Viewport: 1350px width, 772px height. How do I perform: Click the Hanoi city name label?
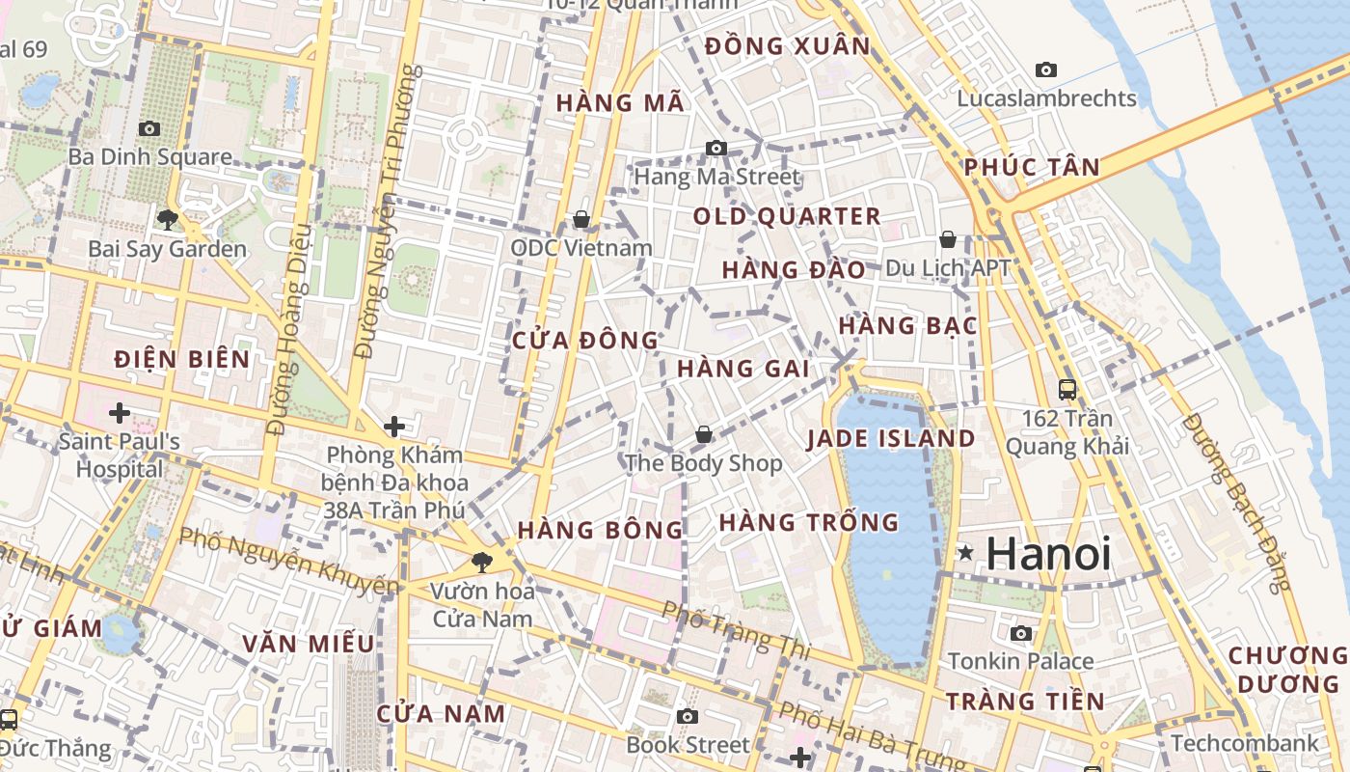[x=1048, y=554]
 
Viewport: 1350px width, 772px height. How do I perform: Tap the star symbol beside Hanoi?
[x=965, y=553]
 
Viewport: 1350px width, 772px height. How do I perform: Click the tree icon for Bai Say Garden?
[x=167, y=219]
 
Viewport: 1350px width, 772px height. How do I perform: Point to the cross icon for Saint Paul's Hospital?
[x=120, y=413]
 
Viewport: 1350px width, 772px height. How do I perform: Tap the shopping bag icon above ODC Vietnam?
[x=581, y=219]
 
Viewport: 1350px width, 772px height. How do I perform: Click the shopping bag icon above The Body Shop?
[x=704, y=434]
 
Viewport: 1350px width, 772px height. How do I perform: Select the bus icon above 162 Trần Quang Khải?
[x=1067, y=390]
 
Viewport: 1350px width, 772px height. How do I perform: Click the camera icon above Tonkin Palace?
[x=1021, y=633]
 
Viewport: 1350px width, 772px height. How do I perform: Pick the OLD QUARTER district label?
[x=787, y=216]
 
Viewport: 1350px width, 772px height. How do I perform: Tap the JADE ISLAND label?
[x=891, y=439]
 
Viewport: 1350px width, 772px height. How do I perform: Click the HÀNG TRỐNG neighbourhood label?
[x=808, y=523]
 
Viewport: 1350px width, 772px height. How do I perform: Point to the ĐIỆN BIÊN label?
[x=181, y=360]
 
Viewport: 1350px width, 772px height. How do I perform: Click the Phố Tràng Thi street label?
[x=736, y=631]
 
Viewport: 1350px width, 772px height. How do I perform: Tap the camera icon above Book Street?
[x=687, y=716]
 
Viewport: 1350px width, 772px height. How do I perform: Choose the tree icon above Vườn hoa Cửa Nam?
[x=481, y=562]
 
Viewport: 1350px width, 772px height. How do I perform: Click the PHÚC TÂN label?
[x=1031, y=167]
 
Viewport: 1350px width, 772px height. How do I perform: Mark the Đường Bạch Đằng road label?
[x=1235, y=503]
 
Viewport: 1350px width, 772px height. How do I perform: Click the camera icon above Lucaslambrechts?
[x=1045, y=69]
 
